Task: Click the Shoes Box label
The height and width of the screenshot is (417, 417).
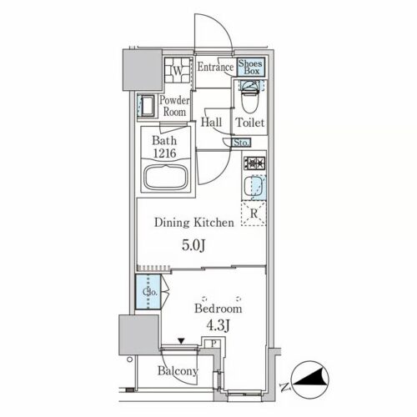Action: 250,67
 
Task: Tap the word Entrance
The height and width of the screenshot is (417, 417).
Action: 215,67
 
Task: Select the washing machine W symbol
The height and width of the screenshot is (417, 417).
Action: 178,70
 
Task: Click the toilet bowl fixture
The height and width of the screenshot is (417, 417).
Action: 250,96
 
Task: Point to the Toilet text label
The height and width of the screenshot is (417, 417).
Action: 250,123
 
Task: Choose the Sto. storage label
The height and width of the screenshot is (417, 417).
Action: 241,143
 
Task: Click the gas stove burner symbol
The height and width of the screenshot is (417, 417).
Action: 254,163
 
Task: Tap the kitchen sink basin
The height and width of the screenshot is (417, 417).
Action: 253,187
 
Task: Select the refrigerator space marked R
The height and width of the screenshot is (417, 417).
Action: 254,214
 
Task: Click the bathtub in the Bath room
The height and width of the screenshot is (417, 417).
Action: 166,178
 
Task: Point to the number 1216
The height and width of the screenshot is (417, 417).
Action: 164,153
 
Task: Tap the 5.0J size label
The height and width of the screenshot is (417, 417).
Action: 193,245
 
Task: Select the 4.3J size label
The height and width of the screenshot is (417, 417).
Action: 218,325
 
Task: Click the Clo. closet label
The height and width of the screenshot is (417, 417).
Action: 150,292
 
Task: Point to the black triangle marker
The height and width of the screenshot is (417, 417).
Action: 181,341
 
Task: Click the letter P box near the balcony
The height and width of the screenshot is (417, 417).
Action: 214,344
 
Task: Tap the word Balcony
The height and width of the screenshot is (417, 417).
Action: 178,371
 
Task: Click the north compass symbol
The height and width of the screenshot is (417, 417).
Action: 310,379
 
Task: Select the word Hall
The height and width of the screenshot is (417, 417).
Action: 211,123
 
